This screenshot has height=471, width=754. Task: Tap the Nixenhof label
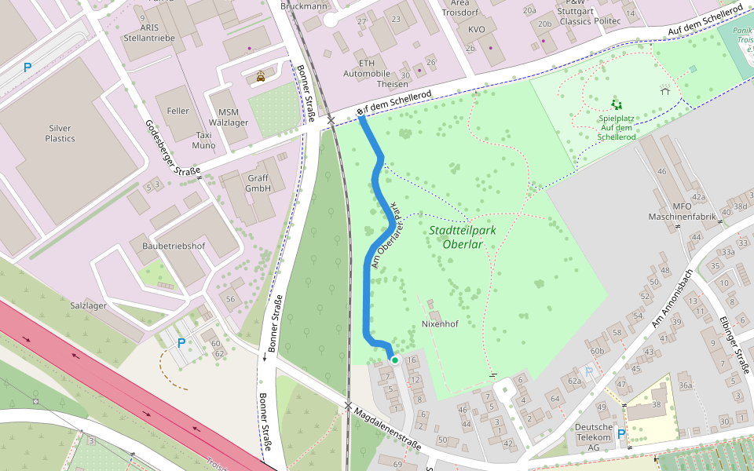tap(440, 323)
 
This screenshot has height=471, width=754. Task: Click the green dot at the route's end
tap(395, 360)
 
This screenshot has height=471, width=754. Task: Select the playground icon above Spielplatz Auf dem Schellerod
tap(617, 104)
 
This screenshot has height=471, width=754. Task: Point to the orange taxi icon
tap(260, 77)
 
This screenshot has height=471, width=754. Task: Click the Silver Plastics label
tap(60, 133)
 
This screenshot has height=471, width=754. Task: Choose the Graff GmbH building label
tap(258, 183)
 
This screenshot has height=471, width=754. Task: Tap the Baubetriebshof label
tap(173, 246)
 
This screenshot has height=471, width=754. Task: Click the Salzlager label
tap(88, 305)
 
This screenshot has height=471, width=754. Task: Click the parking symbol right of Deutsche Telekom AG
tap(621, 433)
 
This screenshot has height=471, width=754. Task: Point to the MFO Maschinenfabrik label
tap(680, 210)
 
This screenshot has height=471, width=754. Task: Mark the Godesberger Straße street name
tap(172, 148)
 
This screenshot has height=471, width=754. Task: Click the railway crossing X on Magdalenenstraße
tap(349, 406)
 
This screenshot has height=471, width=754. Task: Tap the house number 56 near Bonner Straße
tap(230, 299)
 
